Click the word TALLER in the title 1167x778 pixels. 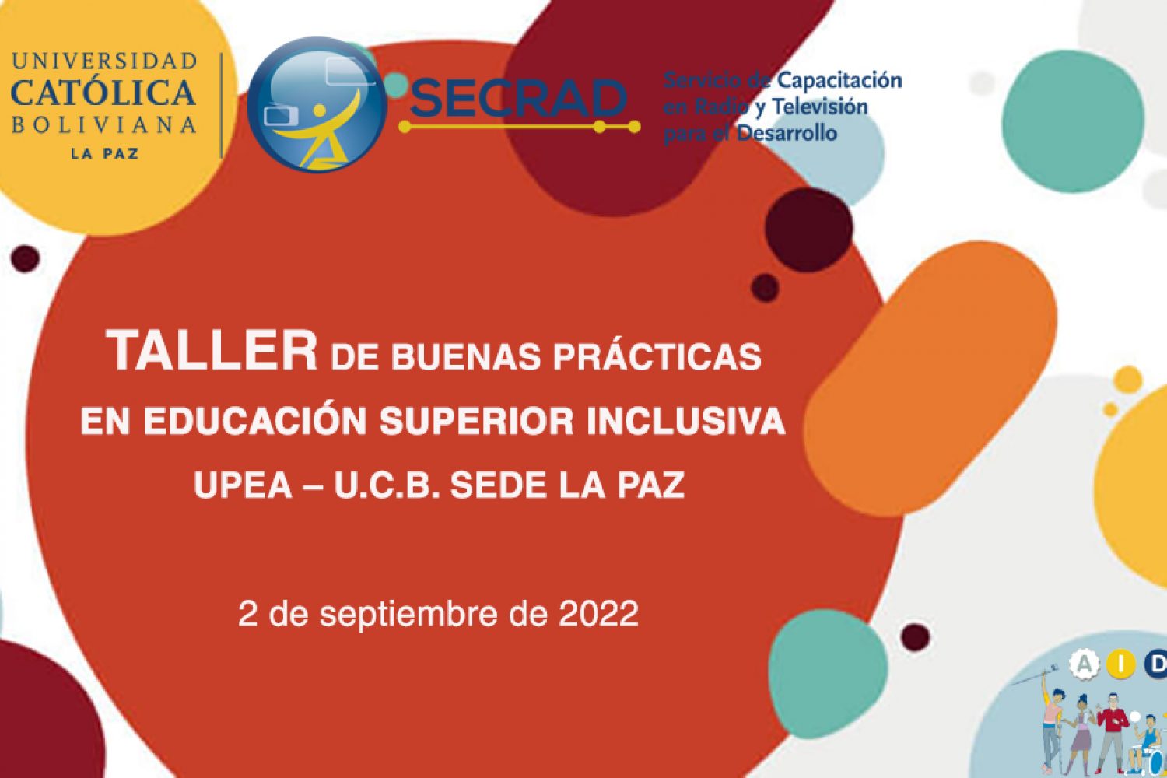point(211,350)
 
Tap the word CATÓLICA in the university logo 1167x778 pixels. point(103,92)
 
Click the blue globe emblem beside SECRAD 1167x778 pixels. point(317,104)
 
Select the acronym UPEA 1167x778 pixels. point(243,485)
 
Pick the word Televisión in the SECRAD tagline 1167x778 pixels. point(819,107)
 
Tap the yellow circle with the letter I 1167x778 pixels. point(1121,664)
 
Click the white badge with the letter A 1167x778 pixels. point(1085,664)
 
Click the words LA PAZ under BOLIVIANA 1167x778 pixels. point(105,154)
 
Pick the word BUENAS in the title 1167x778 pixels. point(466,357)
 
